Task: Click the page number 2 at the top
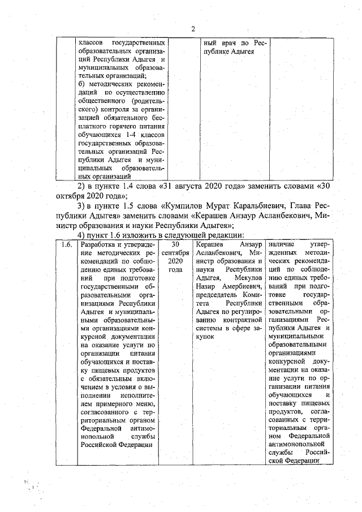pos(193,29)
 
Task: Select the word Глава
pos(305,205)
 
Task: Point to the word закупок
pos(208,337)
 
